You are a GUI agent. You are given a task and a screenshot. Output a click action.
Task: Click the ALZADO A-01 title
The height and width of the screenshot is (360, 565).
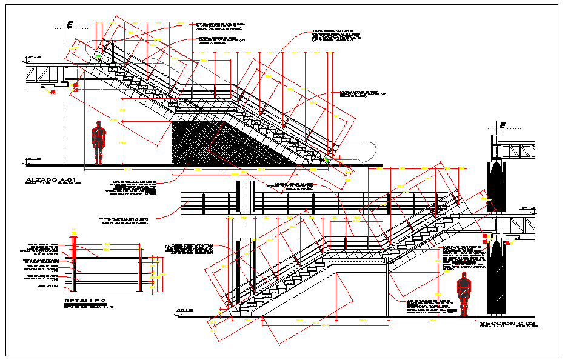52,180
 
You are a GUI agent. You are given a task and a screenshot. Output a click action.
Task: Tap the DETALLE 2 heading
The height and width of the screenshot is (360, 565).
85,301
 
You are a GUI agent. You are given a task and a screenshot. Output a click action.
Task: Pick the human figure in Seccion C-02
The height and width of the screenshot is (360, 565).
464,293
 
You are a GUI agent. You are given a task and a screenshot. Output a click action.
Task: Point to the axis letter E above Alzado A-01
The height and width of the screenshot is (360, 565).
70,24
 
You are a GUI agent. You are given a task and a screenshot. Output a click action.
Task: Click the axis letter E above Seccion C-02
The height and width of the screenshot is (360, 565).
502,125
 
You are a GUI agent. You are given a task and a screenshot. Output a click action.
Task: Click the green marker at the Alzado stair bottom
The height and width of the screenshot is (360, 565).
327,159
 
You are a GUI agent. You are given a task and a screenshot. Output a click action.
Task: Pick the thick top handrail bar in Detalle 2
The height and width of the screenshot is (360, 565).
112,257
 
